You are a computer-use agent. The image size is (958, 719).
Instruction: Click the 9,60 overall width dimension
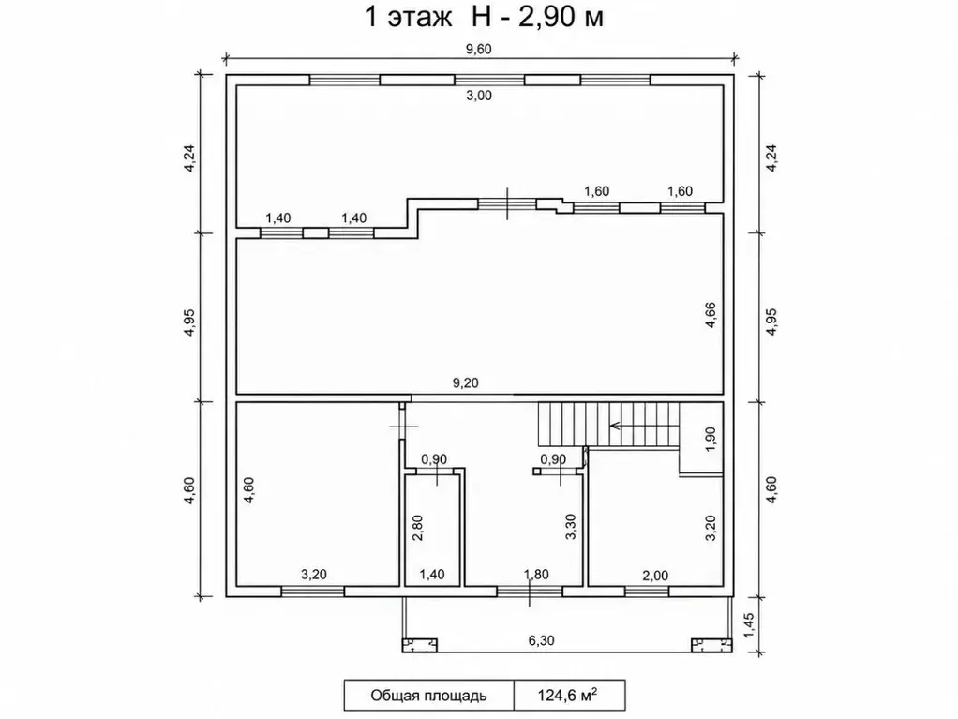[478, 49]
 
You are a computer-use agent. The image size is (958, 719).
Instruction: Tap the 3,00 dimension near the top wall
[478, 96]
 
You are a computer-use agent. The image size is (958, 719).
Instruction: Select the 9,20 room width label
[465, 383]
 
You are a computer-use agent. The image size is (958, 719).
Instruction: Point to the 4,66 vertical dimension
[710, 315]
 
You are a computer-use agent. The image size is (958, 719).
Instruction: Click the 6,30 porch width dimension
[541, 640]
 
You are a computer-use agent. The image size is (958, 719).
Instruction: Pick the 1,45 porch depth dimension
[750, 624]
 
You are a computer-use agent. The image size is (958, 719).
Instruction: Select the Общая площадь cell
[428, 696]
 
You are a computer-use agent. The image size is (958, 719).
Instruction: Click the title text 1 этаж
[408, 17]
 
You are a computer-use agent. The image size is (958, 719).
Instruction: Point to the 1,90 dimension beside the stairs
[710, 440]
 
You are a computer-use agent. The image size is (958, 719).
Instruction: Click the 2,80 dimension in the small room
[418, 528]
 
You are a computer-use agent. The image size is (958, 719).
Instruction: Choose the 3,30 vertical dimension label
[571, 527]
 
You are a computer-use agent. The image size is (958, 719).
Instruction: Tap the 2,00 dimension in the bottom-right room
[655, 576]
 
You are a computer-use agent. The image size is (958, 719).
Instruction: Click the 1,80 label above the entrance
[536, 575]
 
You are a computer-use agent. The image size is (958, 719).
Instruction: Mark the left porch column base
[420, 645]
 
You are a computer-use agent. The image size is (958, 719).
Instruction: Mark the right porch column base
[711, 645]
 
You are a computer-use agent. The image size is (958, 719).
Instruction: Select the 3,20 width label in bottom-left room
[313, 575]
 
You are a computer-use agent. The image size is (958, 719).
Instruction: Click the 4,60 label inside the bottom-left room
[248, 490]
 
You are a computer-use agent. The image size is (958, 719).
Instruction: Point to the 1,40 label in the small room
[432, 575]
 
